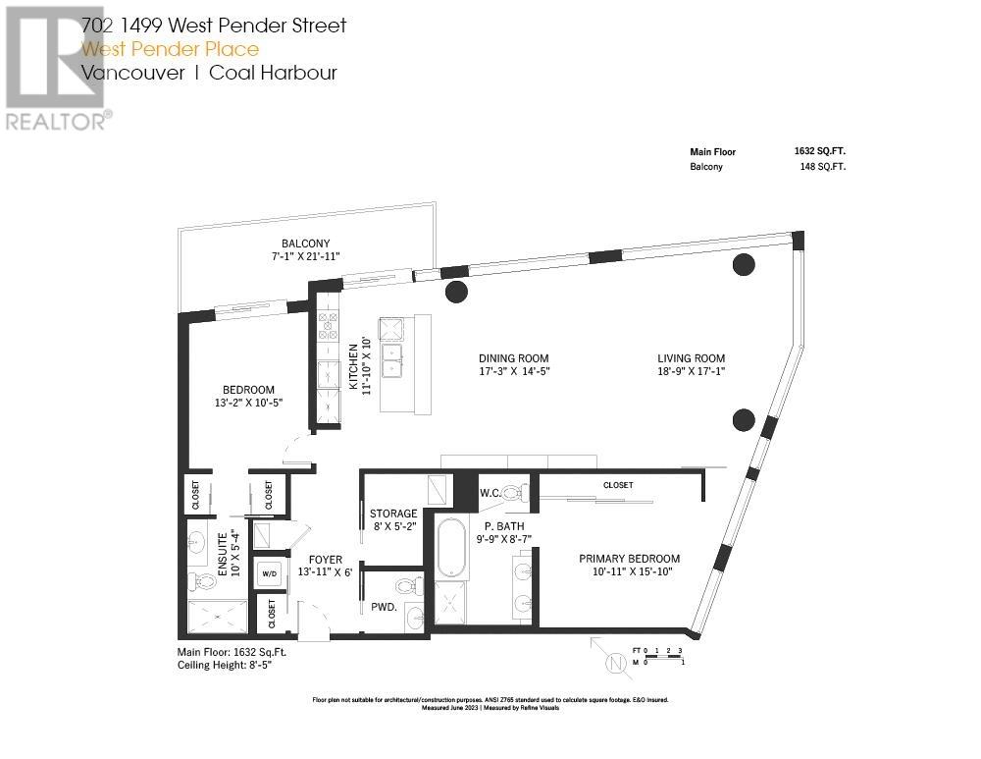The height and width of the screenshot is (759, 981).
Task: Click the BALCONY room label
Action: coord(306,244)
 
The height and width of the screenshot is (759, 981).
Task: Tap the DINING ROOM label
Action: coord(513,358)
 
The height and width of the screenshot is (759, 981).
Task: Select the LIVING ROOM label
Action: coord(691,358)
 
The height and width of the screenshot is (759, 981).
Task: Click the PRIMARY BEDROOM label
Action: coord(629,559)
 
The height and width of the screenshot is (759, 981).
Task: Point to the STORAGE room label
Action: coord(393,514)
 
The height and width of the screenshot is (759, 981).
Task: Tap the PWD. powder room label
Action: coord(384,607)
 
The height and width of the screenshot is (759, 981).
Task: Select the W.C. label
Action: coord(490,493)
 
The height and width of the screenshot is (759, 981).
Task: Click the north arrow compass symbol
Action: coord(615,660)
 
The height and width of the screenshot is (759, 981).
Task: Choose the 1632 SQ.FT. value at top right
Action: coord(819,152)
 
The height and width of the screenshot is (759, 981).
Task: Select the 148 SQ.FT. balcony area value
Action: coord(823,167)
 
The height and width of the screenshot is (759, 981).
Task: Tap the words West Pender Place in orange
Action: coord(171,49)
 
